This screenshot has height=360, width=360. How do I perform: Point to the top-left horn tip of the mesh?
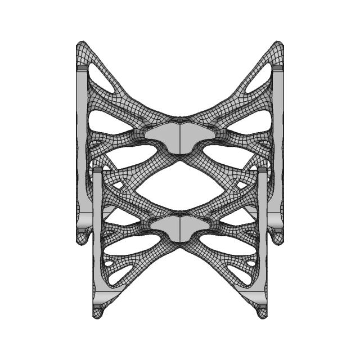(x=81, y=45)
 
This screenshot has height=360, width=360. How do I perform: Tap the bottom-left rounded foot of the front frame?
(x=98, y=311)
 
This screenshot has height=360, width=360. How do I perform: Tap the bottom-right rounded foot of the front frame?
(x=261, y=311)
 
